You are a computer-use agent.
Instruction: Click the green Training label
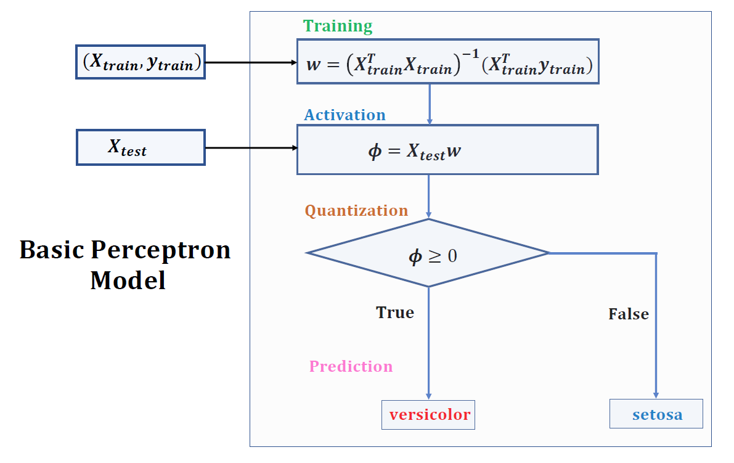338,27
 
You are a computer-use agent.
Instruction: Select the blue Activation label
345,115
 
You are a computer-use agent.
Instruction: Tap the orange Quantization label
356,211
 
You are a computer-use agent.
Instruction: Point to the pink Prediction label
351,367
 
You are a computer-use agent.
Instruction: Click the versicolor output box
429,415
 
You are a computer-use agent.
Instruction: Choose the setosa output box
656,414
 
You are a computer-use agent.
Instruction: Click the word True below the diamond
395,313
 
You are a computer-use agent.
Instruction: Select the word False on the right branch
629,314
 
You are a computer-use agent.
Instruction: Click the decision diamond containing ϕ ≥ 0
428,253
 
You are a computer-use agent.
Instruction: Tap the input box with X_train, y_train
141,62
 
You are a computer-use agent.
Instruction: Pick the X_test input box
141,147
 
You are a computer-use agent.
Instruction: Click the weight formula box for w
447,62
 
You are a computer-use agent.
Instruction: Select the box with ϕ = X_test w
447,150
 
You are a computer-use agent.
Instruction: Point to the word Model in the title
128,281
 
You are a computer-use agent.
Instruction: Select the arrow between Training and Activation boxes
430,104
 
